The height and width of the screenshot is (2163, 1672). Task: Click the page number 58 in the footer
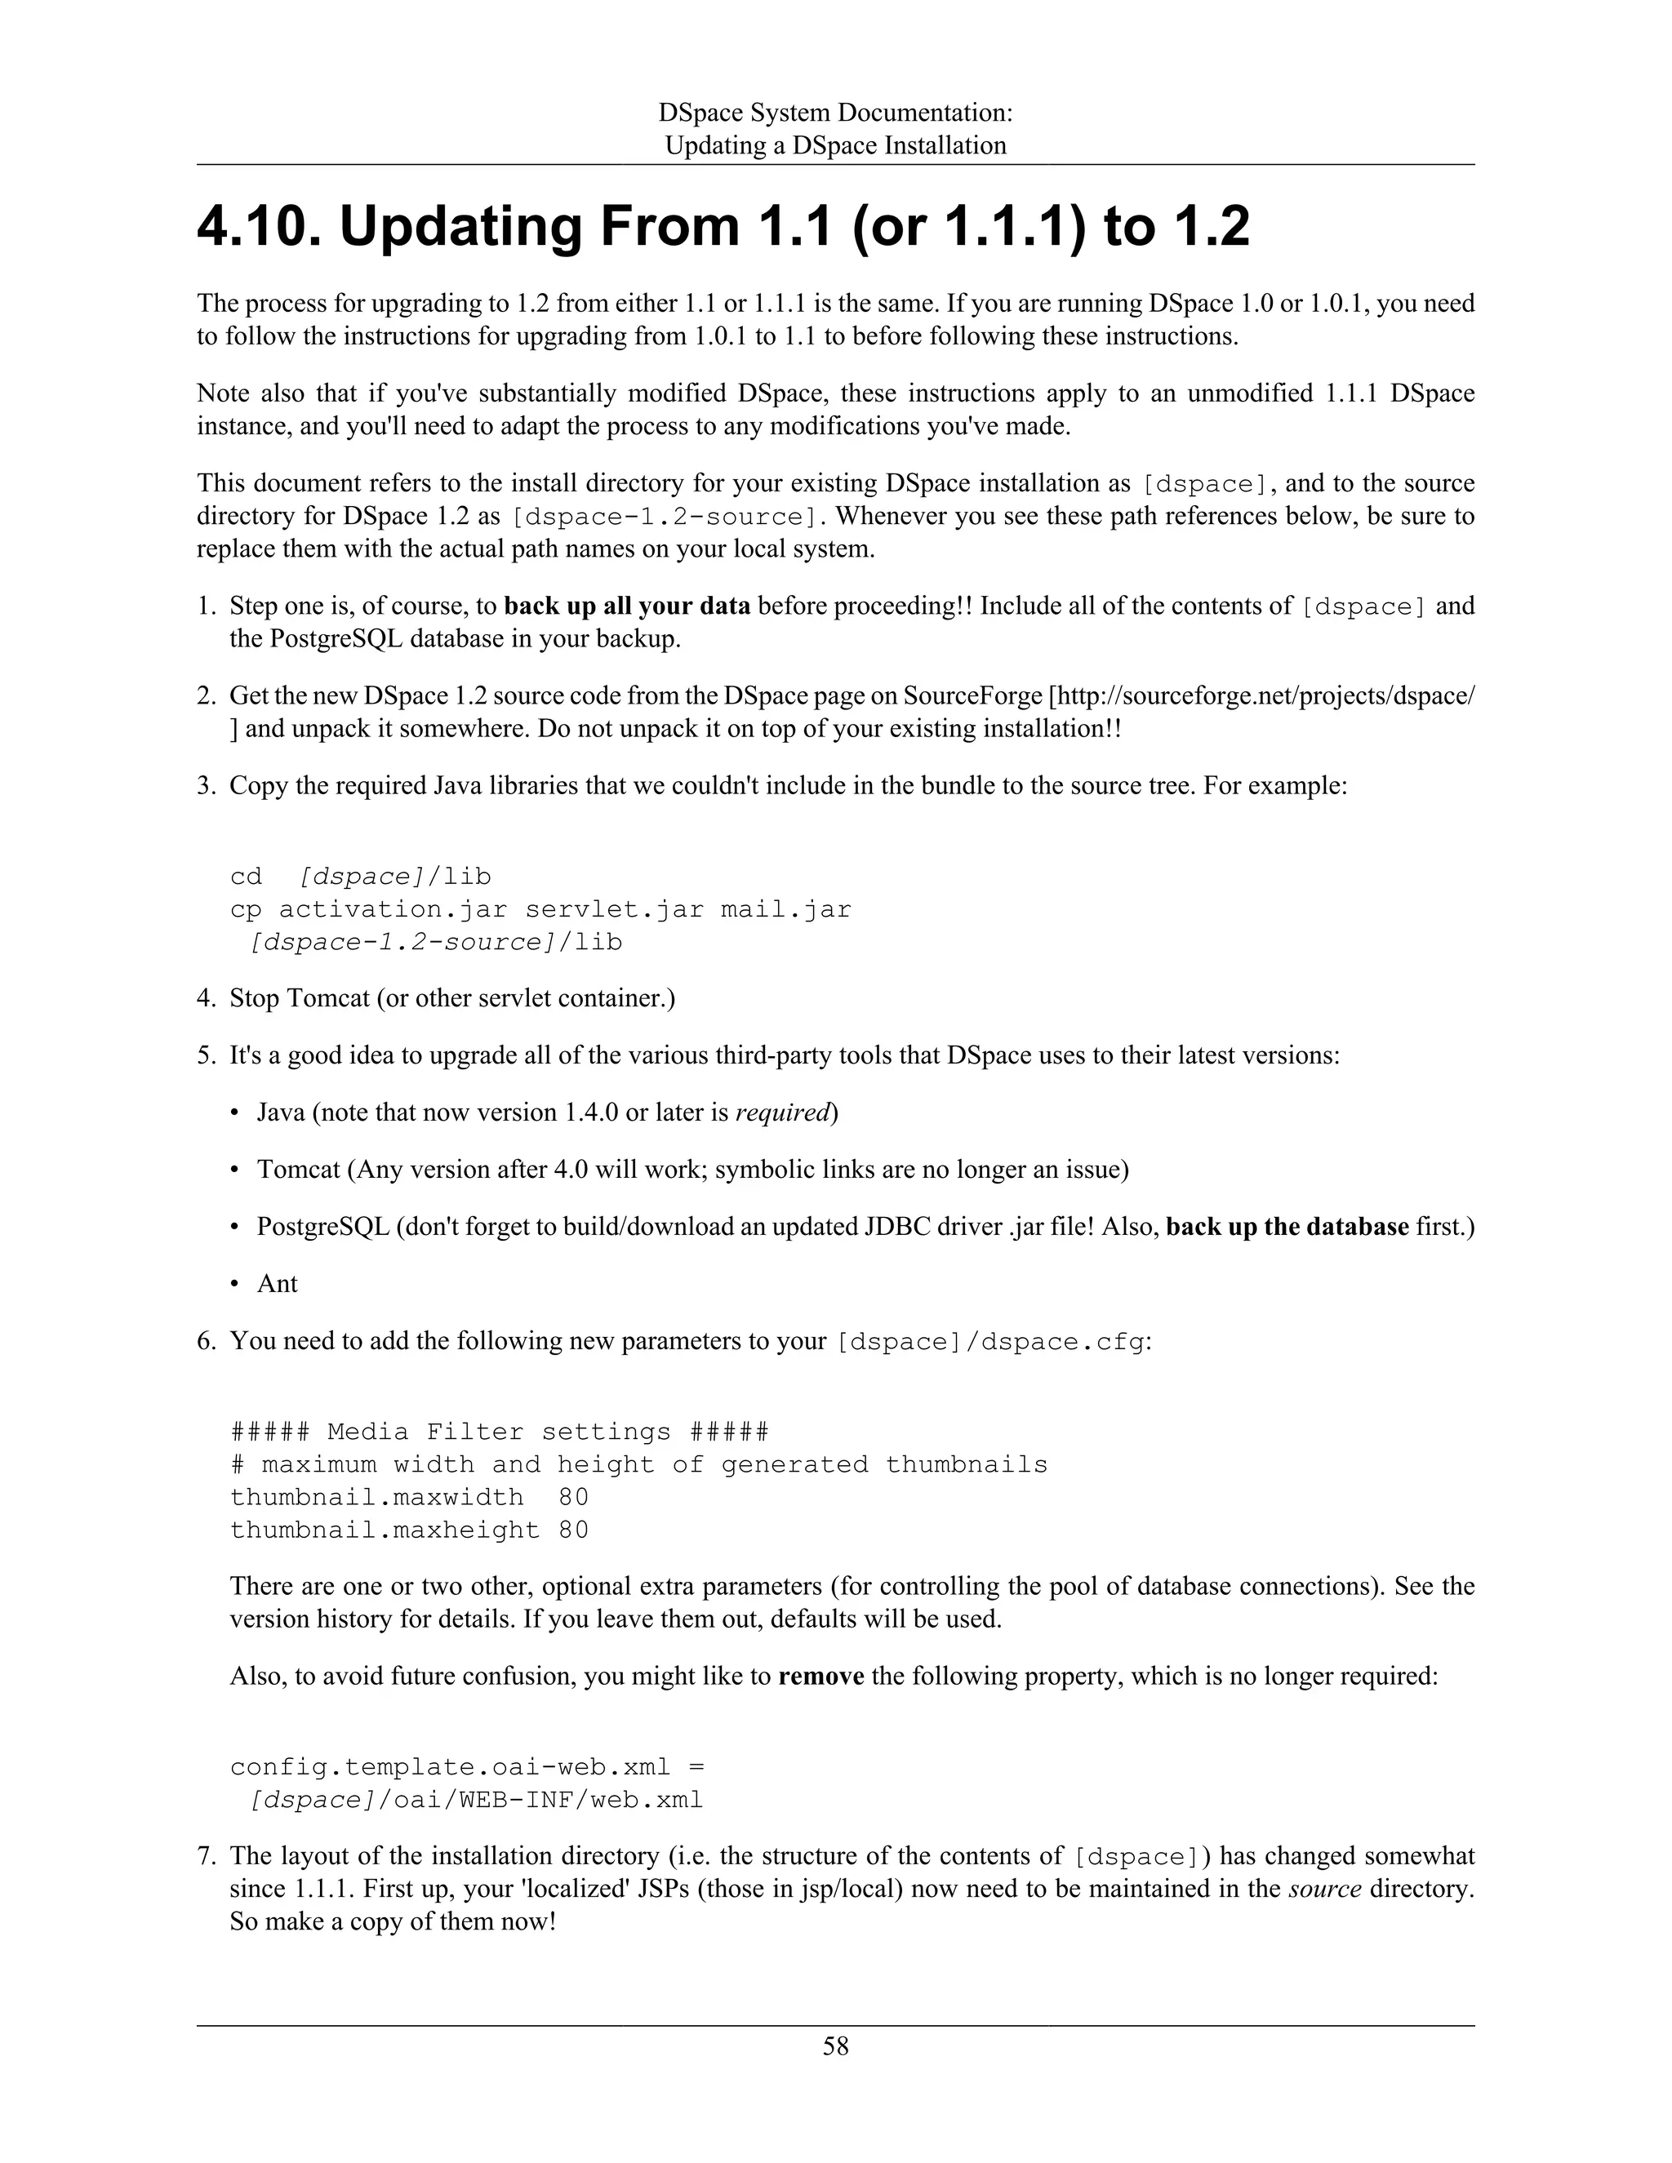(835, 2045)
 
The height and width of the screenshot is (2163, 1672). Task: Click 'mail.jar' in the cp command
(785, 909)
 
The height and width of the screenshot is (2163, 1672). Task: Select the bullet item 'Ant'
(277, 1284)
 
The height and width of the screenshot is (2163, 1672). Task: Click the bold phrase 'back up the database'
(1287, 1226)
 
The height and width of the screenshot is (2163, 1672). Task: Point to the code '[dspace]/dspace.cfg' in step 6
(989, 1342)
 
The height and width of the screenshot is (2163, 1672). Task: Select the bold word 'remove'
(821, 1676)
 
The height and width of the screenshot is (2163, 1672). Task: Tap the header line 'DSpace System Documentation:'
(835, 112)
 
